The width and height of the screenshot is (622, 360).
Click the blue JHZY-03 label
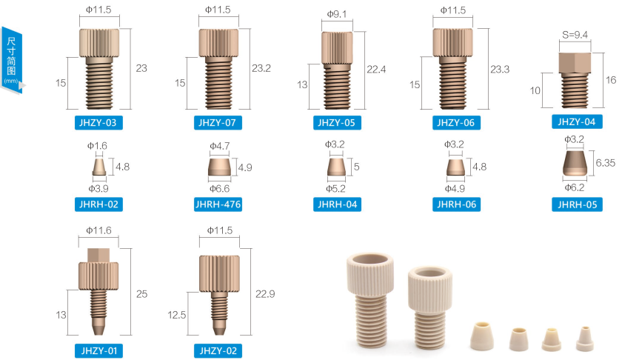click(x=98, y=123)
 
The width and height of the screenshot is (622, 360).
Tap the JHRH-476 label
click(x=218, y=204)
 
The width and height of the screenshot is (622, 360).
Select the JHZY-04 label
click(x=577, y=122)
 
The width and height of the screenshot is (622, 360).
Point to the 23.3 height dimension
click(x=500, y=70)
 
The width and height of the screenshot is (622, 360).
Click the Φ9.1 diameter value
click(x=337, y=14)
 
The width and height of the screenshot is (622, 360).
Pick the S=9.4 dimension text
click(x=575, y=35)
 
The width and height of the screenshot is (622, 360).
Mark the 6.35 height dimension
click(x=606, y=163)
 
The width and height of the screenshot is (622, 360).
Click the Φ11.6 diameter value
click(x=98, y=230)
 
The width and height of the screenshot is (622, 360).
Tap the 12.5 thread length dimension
click(x=177, y=315)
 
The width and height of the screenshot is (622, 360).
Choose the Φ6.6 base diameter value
click(x=220, y=189)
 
